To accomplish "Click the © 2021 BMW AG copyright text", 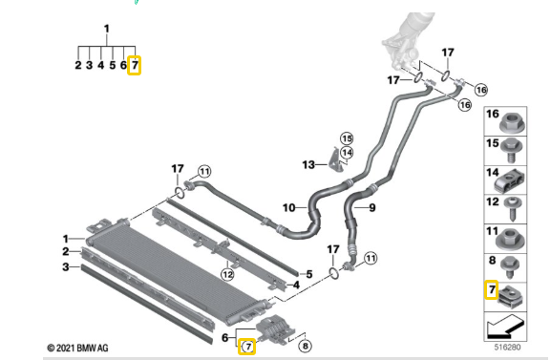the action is pos(77,348).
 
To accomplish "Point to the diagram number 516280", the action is pos(507,348).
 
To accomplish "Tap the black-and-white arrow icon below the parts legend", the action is pos(505,326).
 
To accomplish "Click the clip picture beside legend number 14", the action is pos(510,181).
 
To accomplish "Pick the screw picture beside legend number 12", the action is pos(513,209).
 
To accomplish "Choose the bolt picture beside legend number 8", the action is pos(510,267).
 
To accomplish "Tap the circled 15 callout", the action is pos(347,138).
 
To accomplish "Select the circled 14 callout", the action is pos(347,153).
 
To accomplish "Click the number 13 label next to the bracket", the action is pos(308,164).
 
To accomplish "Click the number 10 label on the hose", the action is pos(288,208).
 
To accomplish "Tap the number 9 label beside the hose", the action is pos(372,208).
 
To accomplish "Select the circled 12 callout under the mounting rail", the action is pos(227,274).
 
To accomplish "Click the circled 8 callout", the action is pos(305,346).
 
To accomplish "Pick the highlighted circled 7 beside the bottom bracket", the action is pos(247,347).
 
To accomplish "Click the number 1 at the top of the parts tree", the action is pos(106,29).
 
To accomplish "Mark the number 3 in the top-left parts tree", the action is pos(89,65).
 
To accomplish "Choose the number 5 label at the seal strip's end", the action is pos(309,274).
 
